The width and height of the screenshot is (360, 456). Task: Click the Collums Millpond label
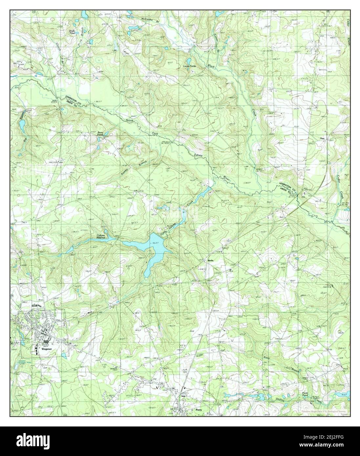tap(103, 236)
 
